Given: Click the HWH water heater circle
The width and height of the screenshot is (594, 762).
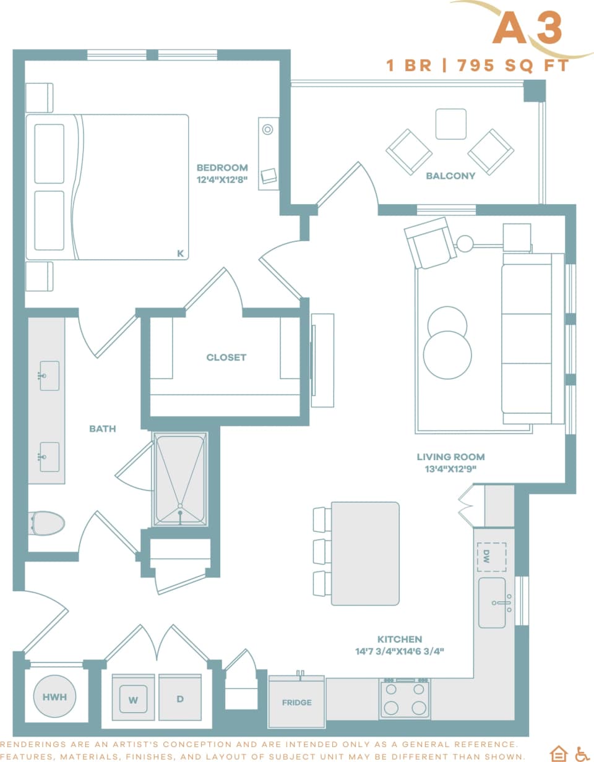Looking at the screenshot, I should tap(54, 696).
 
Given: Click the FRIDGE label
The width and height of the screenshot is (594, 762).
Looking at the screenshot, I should tap(296, 703).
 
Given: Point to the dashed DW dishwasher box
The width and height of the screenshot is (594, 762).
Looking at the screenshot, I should tap(492, 557).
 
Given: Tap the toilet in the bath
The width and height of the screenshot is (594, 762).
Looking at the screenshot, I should tap(47, 523).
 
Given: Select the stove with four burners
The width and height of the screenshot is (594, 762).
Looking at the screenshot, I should tap(405, 699).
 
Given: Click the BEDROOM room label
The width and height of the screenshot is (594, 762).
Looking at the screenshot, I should tap(222, 168).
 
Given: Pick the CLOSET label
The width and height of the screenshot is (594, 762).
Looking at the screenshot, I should tap(226, 357).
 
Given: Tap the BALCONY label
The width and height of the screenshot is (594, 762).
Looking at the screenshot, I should tap(450, 176).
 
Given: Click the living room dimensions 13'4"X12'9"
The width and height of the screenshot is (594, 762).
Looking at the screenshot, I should tap(450, 469).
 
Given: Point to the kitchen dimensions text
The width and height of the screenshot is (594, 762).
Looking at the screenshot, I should tap(400, 651).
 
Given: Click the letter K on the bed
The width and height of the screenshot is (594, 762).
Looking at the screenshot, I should tap(180, 253).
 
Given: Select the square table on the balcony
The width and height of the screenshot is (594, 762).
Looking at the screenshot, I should tap(450, 124).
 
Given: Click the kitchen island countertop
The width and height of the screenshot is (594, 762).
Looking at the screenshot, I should tap(365, 554).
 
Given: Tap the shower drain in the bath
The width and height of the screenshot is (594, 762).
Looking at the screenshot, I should tap(180, 513).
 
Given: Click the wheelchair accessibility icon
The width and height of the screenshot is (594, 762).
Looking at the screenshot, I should tap(582, 753).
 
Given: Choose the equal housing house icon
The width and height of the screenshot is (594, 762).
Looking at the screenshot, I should tap(558, 753).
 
